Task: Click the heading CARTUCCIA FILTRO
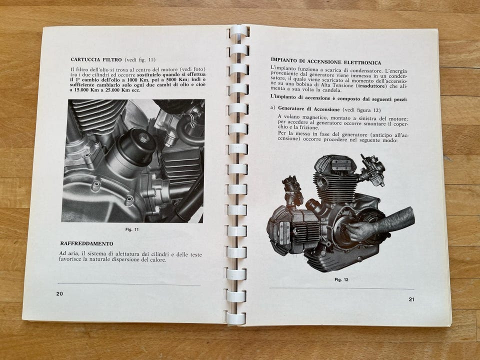tap(96, 59)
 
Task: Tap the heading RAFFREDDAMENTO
tap(86, 243)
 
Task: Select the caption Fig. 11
tap(132, 229)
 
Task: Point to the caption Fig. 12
tap(341, 279)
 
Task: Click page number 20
tap(59, 293)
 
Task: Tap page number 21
tap(411, 299)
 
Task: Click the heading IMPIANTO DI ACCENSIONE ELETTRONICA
tap(326, 62)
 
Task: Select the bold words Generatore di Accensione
tap(308, 109)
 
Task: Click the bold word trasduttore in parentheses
tap(372, 86)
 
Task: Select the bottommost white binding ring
tap(235, 318)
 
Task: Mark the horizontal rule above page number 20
tap(128, 284)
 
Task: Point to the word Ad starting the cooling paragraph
tap(63, 253)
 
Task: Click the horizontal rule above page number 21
tap(341, 288)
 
